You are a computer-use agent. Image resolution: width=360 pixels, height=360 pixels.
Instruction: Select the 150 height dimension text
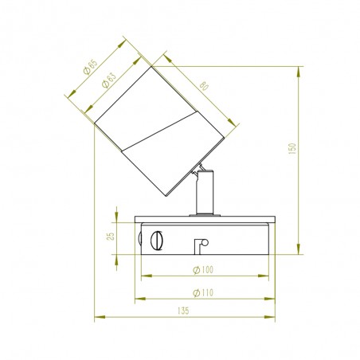pyautogui.click(x=292, y=148)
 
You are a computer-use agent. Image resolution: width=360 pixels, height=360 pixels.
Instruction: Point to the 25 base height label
pyautogui.click(x=112, y=235)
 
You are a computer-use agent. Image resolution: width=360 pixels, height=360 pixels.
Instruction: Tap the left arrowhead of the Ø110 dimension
pyautogui.click(x=138, y=299)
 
